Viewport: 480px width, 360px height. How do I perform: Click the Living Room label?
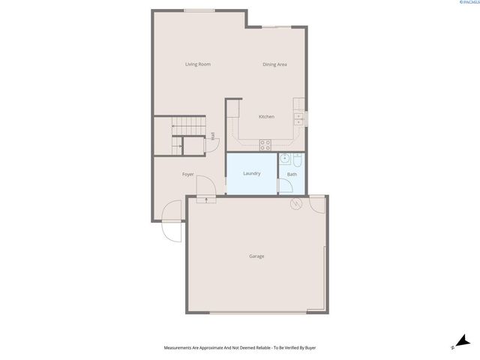tap(198, 64)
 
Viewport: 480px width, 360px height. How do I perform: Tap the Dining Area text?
tap(274, 64)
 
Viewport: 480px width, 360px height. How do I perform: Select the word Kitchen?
tap(266, 117)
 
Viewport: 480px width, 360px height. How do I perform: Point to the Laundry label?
tap(252, 174)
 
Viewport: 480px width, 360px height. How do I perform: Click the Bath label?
tap(292, 175)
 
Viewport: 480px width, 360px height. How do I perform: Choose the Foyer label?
tap(188, 175)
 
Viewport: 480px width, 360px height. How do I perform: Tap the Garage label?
tap(256, 256)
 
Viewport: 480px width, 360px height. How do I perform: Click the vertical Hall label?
tap(213, 136)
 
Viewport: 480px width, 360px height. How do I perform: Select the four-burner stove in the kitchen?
tap(265, 142)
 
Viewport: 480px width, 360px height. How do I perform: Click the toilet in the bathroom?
tap(297, 160)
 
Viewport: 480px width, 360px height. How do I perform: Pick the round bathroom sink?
tap(284, 159)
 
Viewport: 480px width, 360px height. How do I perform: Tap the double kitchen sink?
tap(298, 117)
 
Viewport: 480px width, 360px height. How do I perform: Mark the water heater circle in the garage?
tap(295, 204)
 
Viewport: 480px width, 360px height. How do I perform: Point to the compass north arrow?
tap(462, 341)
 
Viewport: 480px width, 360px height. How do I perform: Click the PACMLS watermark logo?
tap(464, 4)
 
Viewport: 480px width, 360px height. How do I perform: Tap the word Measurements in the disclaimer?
tap(179, 348)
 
